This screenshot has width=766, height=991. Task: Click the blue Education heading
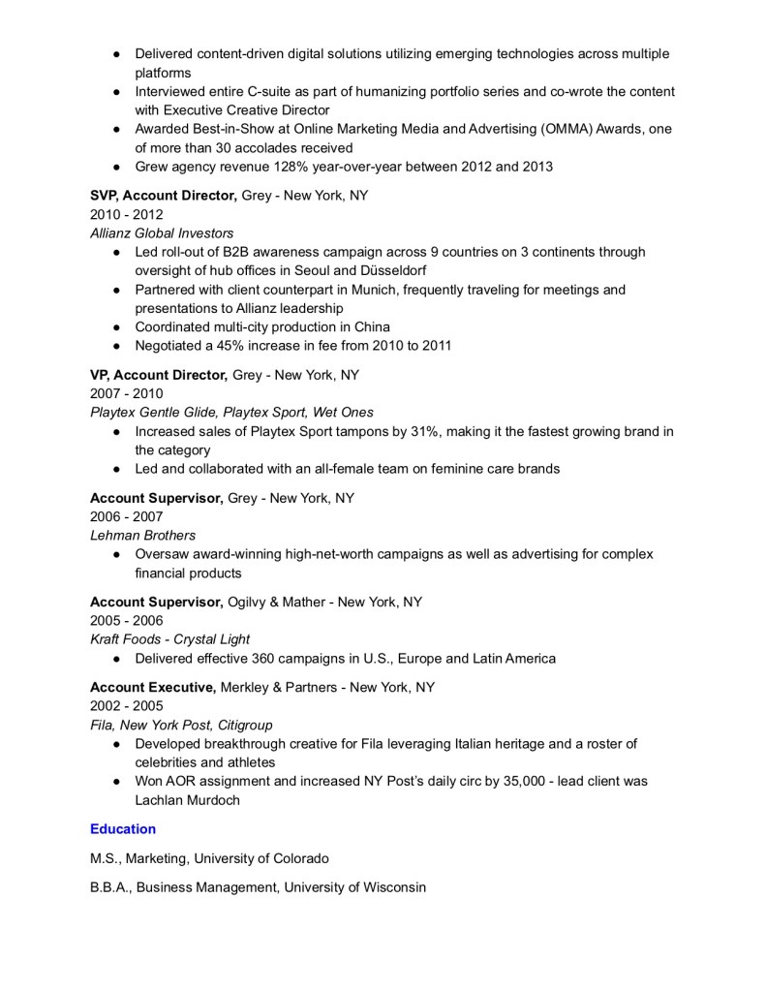coord(123,829)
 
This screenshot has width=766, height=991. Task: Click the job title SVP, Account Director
coord(163,196)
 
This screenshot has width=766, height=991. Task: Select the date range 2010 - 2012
coord(127,214)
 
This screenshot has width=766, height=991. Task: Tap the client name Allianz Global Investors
coord(162,233)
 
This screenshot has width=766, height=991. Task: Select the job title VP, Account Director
coord(159,375)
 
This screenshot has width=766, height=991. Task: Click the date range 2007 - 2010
coord(127,394)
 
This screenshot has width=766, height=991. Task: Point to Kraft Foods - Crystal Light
coord(170,639)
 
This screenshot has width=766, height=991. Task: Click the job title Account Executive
coord(152,687)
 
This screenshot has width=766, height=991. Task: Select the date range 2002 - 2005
coord(127,705)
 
